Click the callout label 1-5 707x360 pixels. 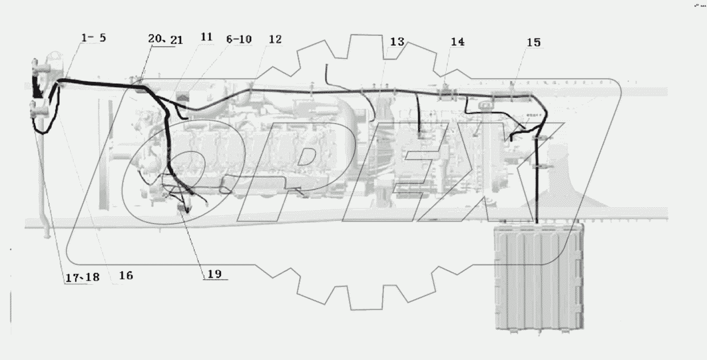tap(93, 39)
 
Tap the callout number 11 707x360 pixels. tap(206, 37)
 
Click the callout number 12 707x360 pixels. tap(275, 39)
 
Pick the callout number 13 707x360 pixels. tap(397, 42)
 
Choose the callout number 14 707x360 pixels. tap(457, 42)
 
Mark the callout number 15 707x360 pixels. tap(534, 43)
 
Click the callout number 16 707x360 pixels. tap(126, 275)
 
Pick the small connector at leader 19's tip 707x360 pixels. tap(184, 210)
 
